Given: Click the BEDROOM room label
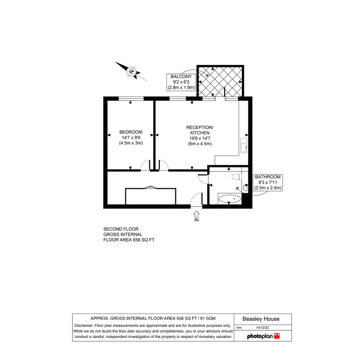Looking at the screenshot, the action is coord(131,132).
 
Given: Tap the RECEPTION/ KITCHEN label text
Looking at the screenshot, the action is coord(200,130).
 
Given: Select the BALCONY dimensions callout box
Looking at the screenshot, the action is coord(181,82).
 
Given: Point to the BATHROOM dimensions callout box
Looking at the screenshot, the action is coord(268,182).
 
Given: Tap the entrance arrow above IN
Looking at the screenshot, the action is coord(196,214).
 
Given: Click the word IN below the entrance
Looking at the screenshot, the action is coord(196,220).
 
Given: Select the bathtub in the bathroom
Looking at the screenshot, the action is coord(230,198).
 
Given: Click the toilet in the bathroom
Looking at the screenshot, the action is coord(237,176).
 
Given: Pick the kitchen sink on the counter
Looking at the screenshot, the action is coord(243,146).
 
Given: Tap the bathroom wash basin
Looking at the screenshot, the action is coord(245,187).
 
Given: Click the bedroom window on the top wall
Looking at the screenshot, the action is coord(131,99).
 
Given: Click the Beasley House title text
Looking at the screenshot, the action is coord(261,319).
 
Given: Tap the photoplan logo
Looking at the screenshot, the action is coord(263,336).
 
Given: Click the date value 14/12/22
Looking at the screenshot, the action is coord(262,328).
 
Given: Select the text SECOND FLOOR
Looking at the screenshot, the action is coord(121,229).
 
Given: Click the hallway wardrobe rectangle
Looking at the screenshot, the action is coord(150,196).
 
